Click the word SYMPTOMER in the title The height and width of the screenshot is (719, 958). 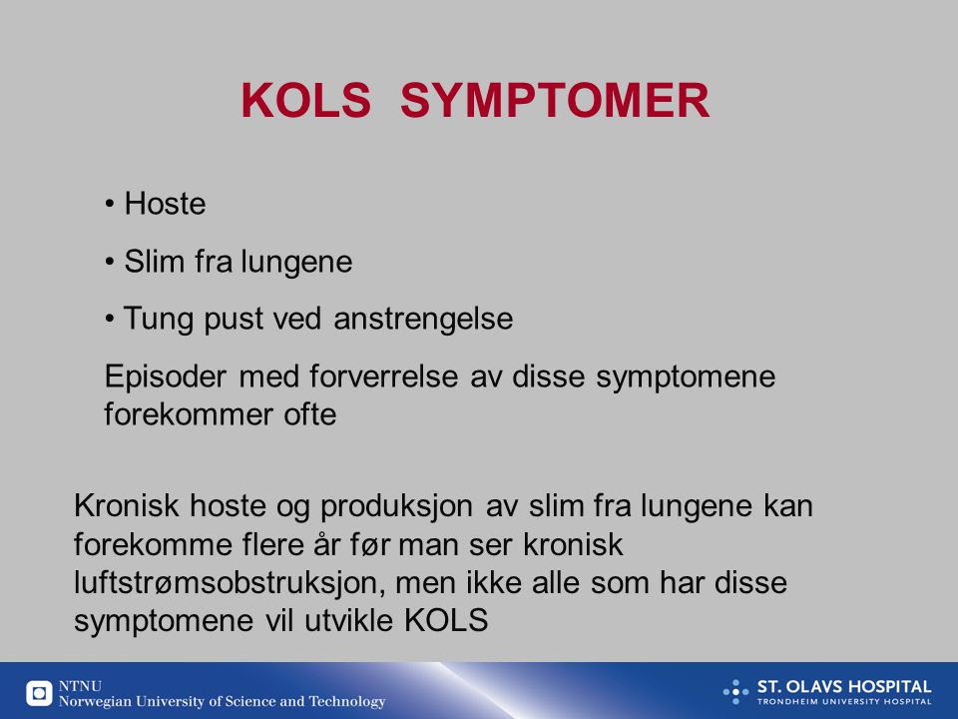[555, 100]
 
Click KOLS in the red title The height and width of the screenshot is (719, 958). [306, 100]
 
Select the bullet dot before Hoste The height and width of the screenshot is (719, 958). [110, 204]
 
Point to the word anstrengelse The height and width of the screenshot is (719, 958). [423, 320]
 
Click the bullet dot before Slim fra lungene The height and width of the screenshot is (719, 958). [110, 262]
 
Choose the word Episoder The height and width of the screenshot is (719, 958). [166, 376]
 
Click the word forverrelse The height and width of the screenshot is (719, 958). [383, 376]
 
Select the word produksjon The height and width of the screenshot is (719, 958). [396, 506]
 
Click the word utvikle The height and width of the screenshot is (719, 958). [348, 620]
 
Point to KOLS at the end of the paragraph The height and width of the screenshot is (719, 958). [446, 620]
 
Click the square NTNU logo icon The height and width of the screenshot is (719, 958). [39, 693]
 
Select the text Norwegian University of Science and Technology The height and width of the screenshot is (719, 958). [222, 702]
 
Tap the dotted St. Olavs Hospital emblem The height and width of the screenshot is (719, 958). [735, 691]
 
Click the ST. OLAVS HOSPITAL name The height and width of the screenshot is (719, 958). [844, 687]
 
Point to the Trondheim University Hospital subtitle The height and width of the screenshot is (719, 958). [844, 702]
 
